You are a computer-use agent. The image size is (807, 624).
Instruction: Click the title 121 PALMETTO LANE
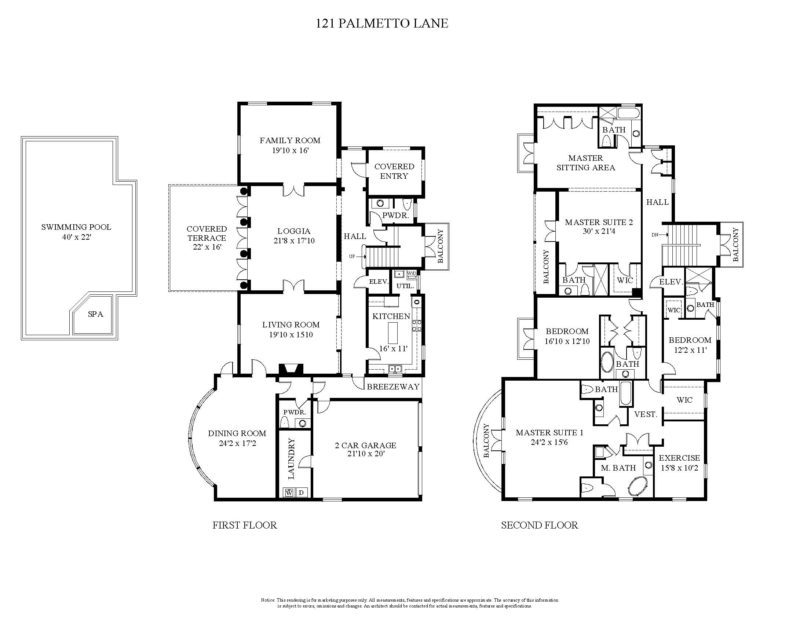coord(382,23)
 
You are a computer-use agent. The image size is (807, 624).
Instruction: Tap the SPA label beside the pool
coord(95,314)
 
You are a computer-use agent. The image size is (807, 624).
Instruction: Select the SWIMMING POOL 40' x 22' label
coord(76,232)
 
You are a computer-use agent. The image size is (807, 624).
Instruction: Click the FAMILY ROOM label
coord(290,141)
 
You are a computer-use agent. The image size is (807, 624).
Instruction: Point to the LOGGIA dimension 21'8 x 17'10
coord(294,241)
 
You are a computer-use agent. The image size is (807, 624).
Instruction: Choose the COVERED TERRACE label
coord(207,233)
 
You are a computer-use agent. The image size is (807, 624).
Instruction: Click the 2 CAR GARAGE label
coord(365,446)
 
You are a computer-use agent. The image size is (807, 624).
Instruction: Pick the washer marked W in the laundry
coord(289,492)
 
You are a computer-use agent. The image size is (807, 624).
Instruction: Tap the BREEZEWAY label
coord(393,387)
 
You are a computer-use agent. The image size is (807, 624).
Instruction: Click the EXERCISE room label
coord(679,458)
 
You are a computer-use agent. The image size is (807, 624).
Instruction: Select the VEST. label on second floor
coord(646,414)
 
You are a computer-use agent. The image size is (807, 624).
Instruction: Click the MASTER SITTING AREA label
coord(586,163)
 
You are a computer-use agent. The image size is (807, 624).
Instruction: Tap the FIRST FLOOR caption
coord(245,525)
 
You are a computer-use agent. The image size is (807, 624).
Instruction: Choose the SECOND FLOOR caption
coord(540,525)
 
